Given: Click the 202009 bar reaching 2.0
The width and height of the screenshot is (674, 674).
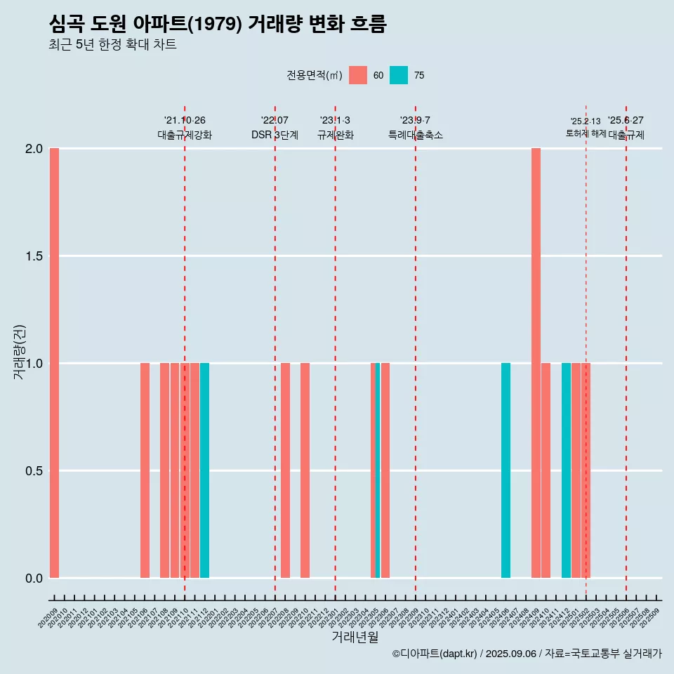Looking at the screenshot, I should click(x=54, y=363).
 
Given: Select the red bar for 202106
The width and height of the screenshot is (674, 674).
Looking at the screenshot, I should click(x=145, y=470).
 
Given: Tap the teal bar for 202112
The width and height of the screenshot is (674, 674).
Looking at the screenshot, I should click(x=204, y=470).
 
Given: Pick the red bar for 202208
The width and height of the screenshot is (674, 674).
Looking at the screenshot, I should click(x=285, y=470).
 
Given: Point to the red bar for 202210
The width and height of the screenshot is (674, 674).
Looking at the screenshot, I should click(x=305, y=470).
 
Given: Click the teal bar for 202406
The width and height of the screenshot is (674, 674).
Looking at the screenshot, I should click(x=505, y=470).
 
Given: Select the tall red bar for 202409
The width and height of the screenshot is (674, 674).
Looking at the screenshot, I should click(x=536, y=363).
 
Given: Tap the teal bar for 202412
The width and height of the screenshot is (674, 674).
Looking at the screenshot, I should click(x=566, y=470).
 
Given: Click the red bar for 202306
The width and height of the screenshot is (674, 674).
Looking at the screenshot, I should click(x=385, y=470).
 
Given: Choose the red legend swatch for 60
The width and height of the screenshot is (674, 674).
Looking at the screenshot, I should click(x=358, y=75).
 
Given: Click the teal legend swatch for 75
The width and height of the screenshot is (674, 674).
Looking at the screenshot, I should click(x=398, y=75).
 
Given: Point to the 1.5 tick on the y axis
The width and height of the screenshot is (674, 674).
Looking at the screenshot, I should click(x=33, y=256).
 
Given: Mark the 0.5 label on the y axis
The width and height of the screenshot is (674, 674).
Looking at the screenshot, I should click(x=33, y=471).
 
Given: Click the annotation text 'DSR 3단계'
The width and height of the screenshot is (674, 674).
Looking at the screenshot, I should click(x=275, y=135).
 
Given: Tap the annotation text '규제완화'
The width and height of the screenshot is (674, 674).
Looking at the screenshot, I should click(x=335, y=135).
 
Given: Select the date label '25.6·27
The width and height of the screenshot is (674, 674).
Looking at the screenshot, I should click(x=626, y=121).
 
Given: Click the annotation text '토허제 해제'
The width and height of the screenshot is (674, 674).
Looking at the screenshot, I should click(x=586, y=133).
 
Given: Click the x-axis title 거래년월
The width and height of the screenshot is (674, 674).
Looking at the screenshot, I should click(x=355, y=637).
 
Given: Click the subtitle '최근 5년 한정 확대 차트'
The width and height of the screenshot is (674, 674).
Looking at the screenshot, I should click(x=112, y=45).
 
